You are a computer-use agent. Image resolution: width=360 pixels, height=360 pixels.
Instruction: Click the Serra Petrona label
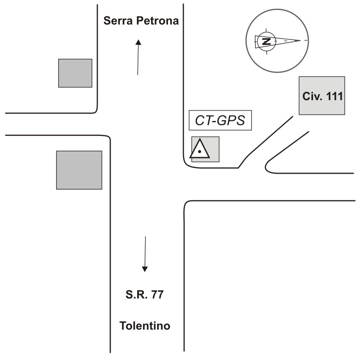pos(141,21)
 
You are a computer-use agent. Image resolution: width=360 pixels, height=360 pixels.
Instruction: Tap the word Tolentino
pos(145,325)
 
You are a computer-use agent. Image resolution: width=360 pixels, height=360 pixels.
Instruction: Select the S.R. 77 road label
pos(145,296)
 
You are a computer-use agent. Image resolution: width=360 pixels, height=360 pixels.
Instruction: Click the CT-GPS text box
pos(221,121)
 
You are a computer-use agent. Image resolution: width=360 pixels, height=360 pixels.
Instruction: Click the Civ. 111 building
pos(322,96)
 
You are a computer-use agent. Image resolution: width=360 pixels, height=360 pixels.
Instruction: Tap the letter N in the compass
pos(266,41)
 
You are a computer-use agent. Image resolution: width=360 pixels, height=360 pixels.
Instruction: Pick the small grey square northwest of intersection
pos(75,73)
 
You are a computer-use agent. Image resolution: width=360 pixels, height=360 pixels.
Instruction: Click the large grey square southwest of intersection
pos(79,170)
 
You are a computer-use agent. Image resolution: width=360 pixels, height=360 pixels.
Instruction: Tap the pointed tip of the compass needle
pos(299,40)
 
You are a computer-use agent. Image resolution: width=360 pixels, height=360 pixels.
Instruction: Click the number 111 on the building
pos(332,97)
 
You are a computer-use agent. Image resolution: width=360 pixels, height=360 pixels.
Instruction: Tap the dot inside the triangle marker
pos(200,152)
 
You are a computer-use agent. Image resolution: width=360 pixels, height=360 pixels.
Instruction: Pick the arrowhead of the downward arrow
pos(145,269)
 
